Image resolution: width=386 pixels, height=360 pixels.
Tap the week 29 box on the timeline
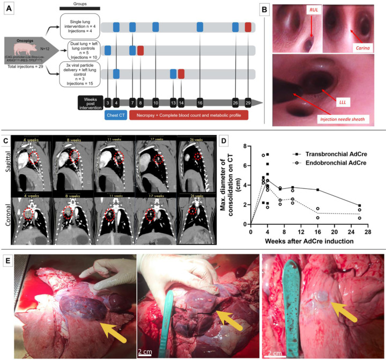pyautogui.click(x=248, y=102)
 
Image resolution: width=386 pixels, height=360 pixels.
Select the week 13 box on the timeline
pyautogui.click(x=173, y=102)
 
